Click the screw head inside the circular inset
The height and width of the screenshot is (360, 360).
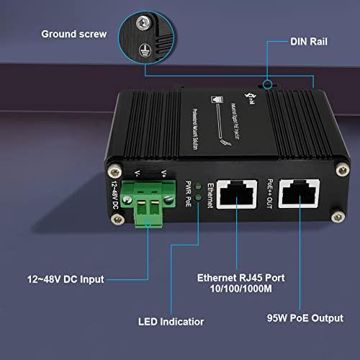point(145,25)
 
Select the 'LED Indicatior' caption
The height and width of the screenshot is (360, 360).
point(171,322)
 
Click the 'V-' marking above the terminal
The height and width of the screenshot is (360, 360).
point(138,174)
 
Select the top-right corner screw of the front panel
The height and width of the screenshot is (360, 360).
point(333,170)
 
